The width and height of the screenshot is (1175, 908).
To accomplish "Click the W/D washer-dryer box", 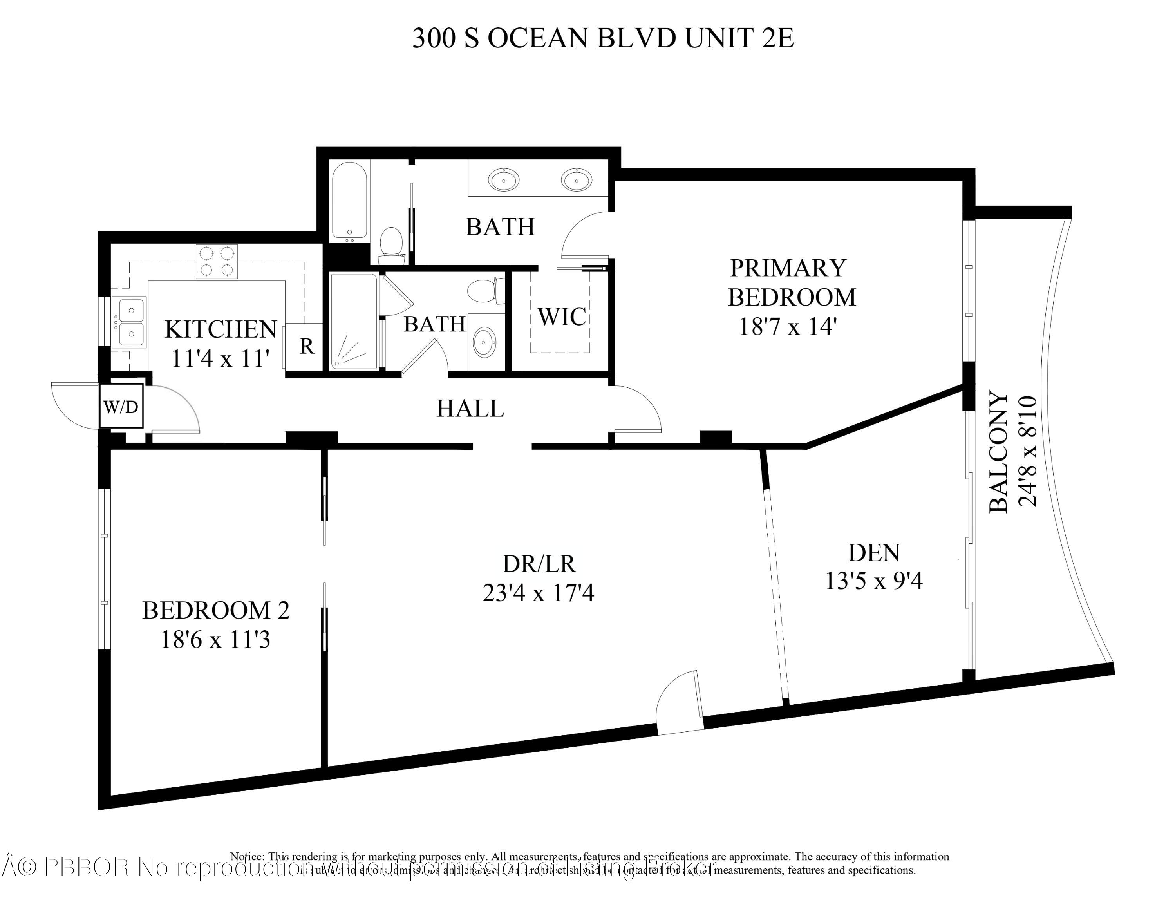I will tap(121, 407).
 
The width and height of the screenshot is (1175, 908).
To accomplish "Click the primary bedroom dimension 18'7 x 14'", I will tap(788, 327).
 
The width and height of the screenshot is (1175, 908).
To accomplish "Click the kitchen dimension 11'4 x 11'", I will tap(220, 359).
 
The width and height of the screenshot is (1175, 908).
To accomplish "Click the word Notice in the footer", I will tap(247, 856).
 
